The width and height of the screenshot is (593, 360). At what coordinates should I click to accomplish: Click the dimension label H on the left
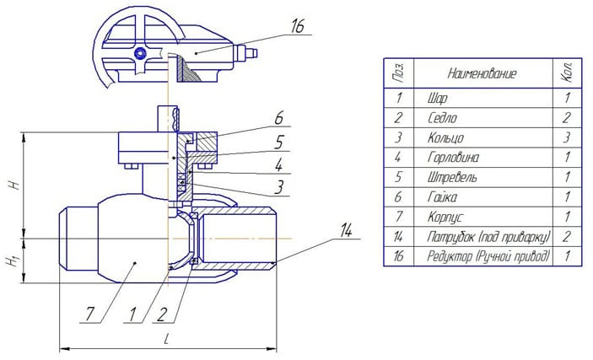(14, 184)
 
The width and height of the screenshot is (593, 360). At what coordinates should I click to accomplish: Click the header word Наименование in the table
(482, 73)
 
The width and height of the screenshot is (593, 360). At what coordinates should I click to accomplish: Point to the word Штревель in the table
(452, 177)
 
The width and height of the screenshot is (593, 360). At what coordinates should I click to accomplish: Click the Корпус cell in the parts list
(445, 217)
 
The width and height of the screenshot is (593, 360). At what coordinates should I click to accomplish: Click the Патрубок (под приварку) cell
(488, 237)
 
